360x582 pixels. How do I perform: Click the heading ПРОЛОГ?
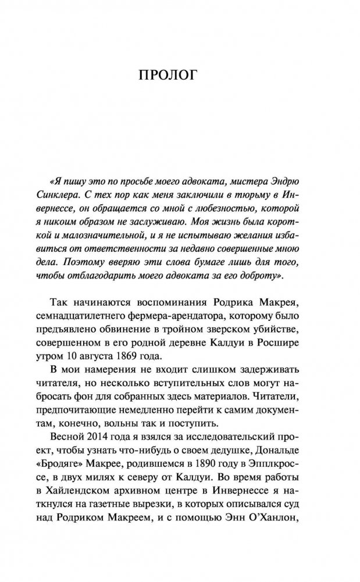[180, 76]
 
